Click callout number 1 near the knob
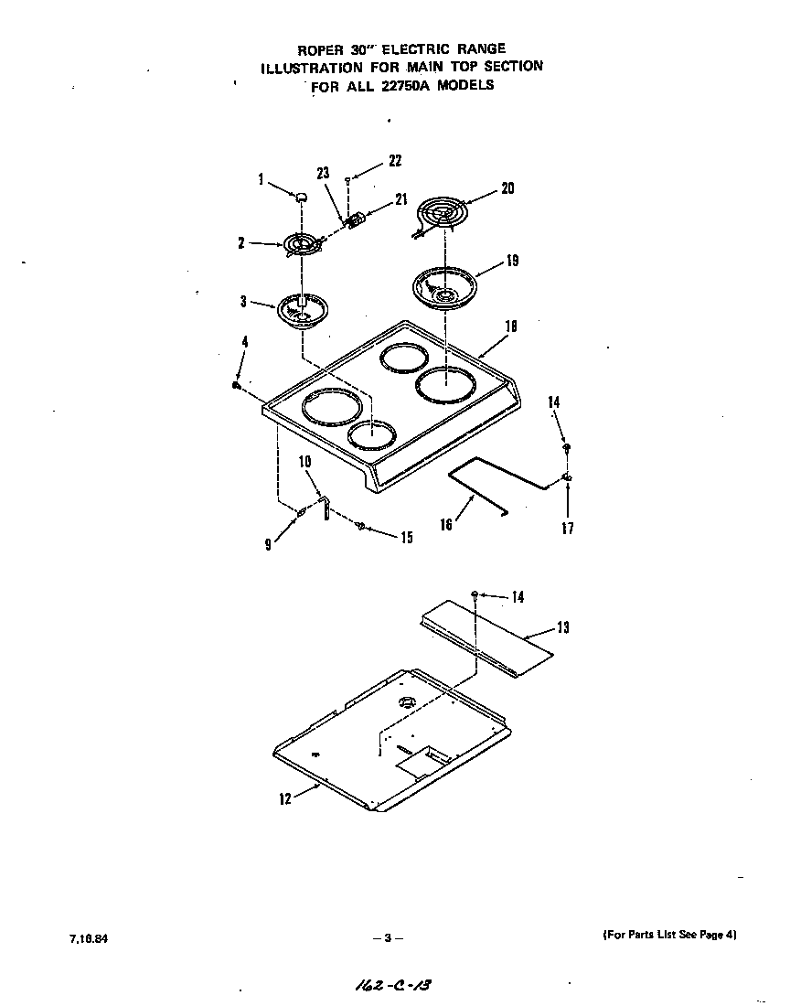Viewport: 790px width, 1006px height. [x=261, y=180]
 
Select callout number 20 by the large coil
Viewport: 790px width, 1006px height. [x=507, y=188]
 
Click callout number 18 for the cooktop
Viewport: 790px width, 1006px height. [x=510, y=325]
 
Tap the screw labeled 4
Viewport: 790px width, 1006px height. [x=236, y=386]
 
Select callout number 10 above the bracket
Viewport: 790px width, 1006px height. [x=305, y=462]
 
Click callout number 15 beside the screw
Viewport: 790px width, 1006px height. [x=405, y=538]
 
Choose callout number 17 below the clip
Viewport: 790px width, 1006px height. [x=568, y=529]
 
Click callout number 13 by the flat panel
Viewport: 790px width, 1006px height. [x=562, y=627]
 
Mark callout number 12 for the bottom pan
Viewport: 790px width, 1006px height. [x=285, y=798]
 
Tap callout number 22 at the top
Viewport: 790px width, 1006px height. [x=395, y=161]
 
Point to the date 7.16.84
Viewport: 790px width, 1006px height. [x=81, y=938]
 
